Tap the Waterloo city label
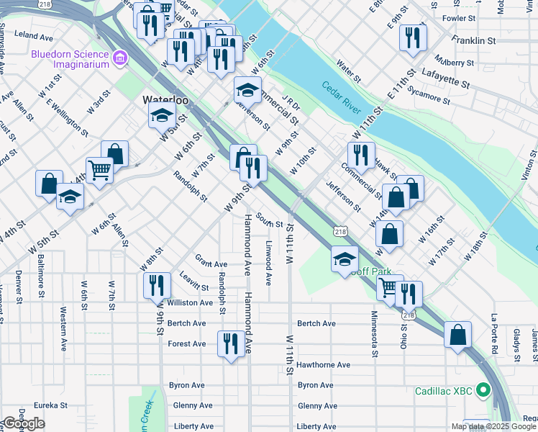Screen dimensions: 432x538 click(x=165, y=100)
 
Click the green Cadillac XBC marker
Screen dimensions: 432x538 click(x=483, y=392)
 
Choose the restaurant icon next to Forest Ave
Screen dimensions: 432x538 click(x=230, y=343)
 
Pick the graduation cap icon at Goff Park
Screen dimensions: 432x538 click(x=345, y=259)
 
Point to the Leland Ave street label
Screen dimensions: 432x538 click(x=34, y=35)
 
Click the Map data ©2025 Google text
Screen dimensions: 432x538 click(x=493, y=426)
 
